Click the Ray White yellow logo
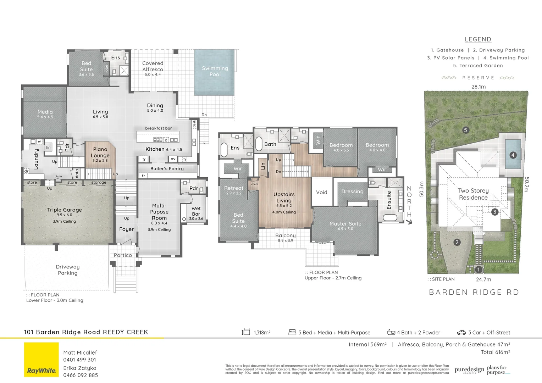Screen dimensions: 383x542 pyautogui.click(x=42, y=360)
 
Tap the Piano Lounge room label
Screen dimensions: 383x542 pyautogui.click(x=100, y=152)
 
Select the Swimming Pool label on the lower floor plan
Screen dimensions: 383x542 pyautogui.click(x=215, y=71)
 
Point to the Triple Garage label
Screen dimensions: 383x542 pyautogui.click(x=65, y=210)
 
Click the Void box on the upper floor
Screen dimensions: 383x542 pyautogui.click(x=322, y=192)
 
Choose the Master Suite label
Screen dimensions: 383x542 pyautogui.click(x=345, y=224)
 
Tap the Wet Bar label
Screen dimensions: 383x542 pyautogui.click(x=196, y=211)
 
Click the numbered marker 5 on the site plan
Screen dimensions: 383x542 pyautogui.click(x=466, y=130)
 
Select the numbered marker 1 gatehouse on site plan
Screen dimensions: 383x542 pyautogui.click(x=478, y=270)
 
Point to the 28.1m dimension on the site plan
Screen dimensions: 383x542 pyautogui.click(x=479, y=87)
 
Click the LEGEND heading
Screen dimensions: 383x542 pyautogui.click(x=478, y=39)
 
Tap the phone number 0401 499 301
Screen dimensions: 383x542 pyautogui.click(x=80, y=360)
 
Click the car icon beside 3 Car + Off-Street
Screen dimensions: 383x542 pyautogui.click(x=461, y=333)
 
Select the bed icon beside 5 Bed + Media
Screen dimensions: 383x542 pyautogui.click(x=292, y=332)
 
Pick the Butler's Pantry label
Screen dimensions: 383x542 pyautogui.click(x=167, y=169)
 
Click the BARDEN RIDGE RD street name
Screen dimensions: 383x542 pyautogui.click(x=474, y=292)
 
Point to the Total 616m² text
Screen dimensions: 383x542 pyautogui.click(x=495, y=352)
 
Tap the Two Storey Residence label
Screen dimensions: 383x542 pyautogui.click(x=473, y=194)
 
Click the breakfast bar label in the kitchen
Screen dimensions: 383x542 pyautogui.click(x=158, y=128)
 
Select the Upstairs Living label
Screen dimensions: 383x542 pyautogui.click(x=284, y=197)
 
